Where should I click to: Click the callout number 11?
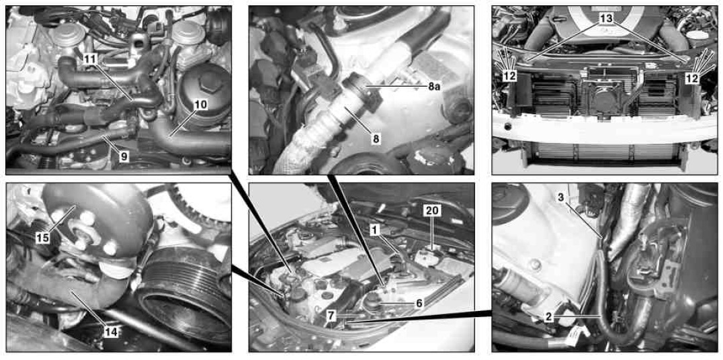coord(91,59)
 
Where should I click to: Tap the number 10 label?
coord(200,105)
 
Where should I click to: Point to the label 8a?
coord(434,86)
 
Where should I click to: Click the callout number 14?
coord(111,331)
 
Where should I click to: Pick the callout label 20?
coord(433,211)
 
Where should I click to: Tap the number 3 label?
coord(560,197)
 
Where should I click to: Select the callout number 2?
coord(548,316)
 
